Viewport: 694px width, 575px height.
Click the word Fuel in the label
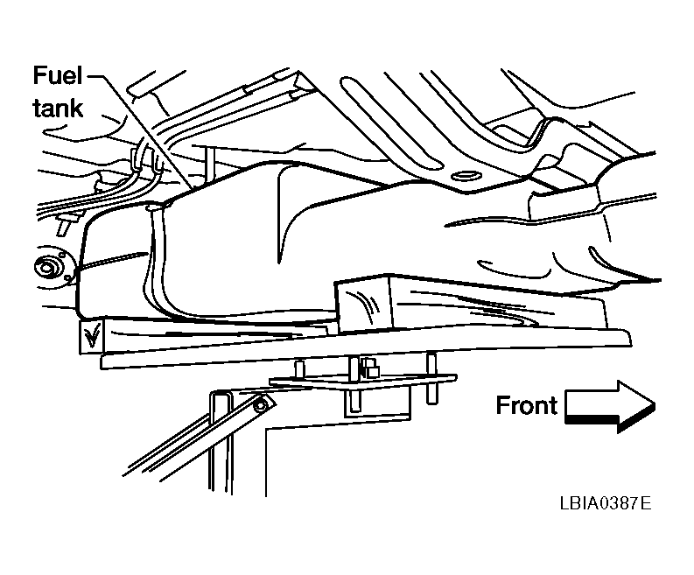click(58, 75)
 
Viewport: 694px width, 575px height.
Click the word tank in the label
click(58, 108)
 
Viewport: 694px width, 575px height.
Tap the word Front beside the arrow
click(526, 405)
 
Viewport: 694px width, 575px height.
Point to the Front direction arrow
click(610, 406)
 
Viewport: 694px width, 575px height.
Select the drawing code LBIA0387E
click(606, 503)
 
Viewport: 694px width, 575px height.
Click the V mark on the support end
click(92, 336)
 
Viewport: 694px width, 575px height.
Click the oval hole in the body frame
click(466, 176)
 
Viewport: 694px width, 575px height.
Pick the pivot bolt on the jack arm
click(261, 404)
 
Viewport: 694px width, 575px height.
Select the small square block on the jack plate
click(370, 368)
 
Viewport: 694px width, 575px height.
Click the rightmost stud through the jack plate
click(431, 378)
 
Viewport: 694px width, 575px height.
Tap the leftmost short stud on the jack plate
click(299, 368)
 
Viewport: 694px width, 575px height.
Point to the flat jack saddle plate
click(363, 381)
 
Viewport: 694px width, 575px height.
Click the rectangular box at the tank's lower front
click(364, 304)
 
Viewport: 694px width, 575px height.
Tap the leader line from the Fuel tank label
click(141, 133)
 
